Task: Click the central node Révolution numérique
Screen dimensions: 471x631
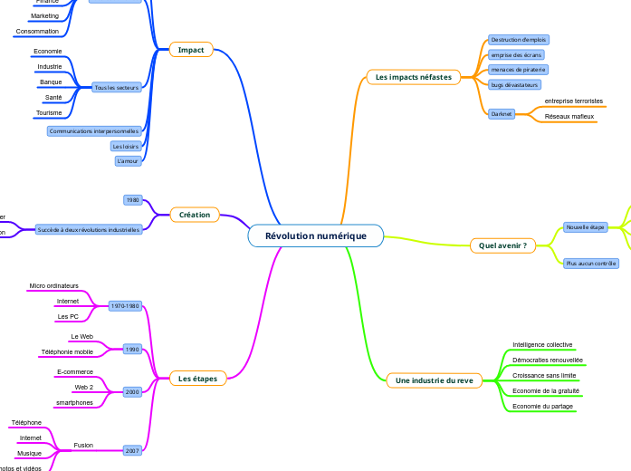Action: pyautogui.click(x=315, y=236)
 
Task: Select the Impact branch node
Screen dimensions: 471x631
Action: pyautogui.click(x=191, y=50)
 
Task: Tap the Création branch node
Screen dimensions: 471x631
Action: pyautogui.click(x=195, y=215)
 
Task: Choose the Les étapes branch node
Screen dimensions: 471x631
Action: pyautogui.click(x=197, y=379)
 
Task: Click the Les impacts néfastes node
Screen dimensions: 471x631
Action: pyautogui.click(x=413, y=77)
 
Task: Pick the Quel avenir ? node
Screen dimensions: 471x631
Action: pyautogui.click(x=502, y=245)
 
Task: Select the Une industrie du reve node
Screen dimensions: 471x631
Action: pyautogui.click(x=434, y=380)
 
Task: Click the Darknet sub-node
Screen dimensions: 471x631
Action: pyautogui.click(x=501, y=114)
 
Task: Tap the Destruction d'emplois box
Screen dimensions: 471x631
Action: pyautogui.click(x=519, y=40)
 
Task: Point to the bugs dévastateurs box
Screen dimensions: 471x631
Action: pyautogui.click(x=514, y=84)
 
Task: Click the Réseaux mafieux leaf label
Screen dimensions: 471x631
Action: pyautogui.click(x=569, y=117)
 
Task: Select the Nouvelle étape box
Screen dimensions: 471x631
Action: pyautogui.click(x=585, y=227)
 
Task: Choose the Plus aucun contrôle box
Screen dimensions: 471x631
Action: pyautogui.click(x=590, y=263)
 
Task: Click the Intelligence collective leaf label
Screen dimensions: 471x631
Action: pyautogui.click(x=542, y=345)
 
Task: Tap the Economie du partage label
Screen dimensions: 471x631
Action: pyautogui.click(x=542, y=407)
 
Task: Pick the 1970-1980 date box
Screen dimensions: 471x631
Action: pyautogui.click(x=125, y=306)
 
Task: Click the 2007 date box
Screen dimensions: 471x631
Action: pyautogui.click(x=132, y=449)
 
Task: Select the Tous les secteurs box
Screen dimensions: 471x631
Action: pyautogui.click(x=117, y=87)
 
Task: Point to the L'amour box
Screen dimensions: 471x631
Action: pyautogui.click(x=128, y=161)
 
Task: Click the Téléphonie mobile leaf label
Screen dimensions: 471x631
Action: pyautogui.click(x=67, y=351)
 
